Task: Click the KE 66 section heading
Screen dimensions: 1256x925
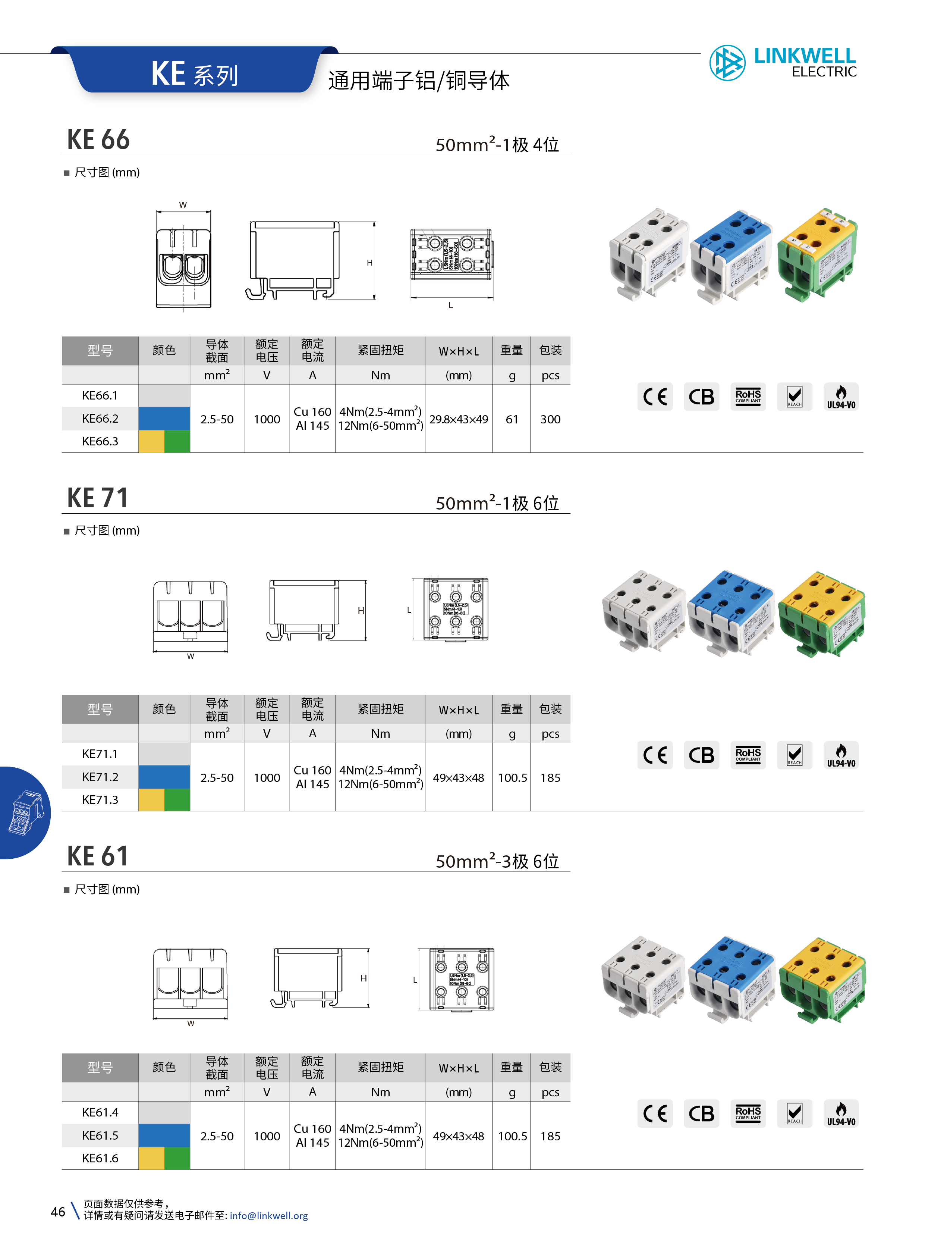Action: click(x=98, y=140)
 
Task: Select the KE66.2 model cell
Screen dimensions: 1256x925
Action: click(x=100, y=419)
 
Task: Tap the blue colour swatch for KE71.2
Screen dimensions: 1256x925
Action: click(x=164, y=777)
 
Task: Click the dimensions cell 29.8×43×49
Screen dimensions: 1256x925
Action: click(x=459, y=419)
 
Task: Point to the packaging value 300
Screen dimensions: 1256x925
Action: click(x=550, y=419)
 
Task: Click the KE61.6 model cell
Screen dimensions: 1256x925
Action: click(x=100, y=1158)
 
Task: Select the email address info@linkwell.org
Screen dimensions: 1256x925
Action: click(x=269, y=1216)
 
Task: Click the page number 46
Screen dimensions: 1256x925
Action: click(x=58, y=1212)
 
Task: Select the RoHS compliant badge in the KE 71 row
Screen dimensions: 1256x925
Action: click(x=748, y=755)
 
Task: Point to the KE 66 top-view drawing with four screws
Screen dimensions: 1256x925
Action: click(x=451, y=254)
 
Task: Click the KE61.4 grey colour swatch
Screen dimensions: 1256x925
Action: click(x=164, y=1112)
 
